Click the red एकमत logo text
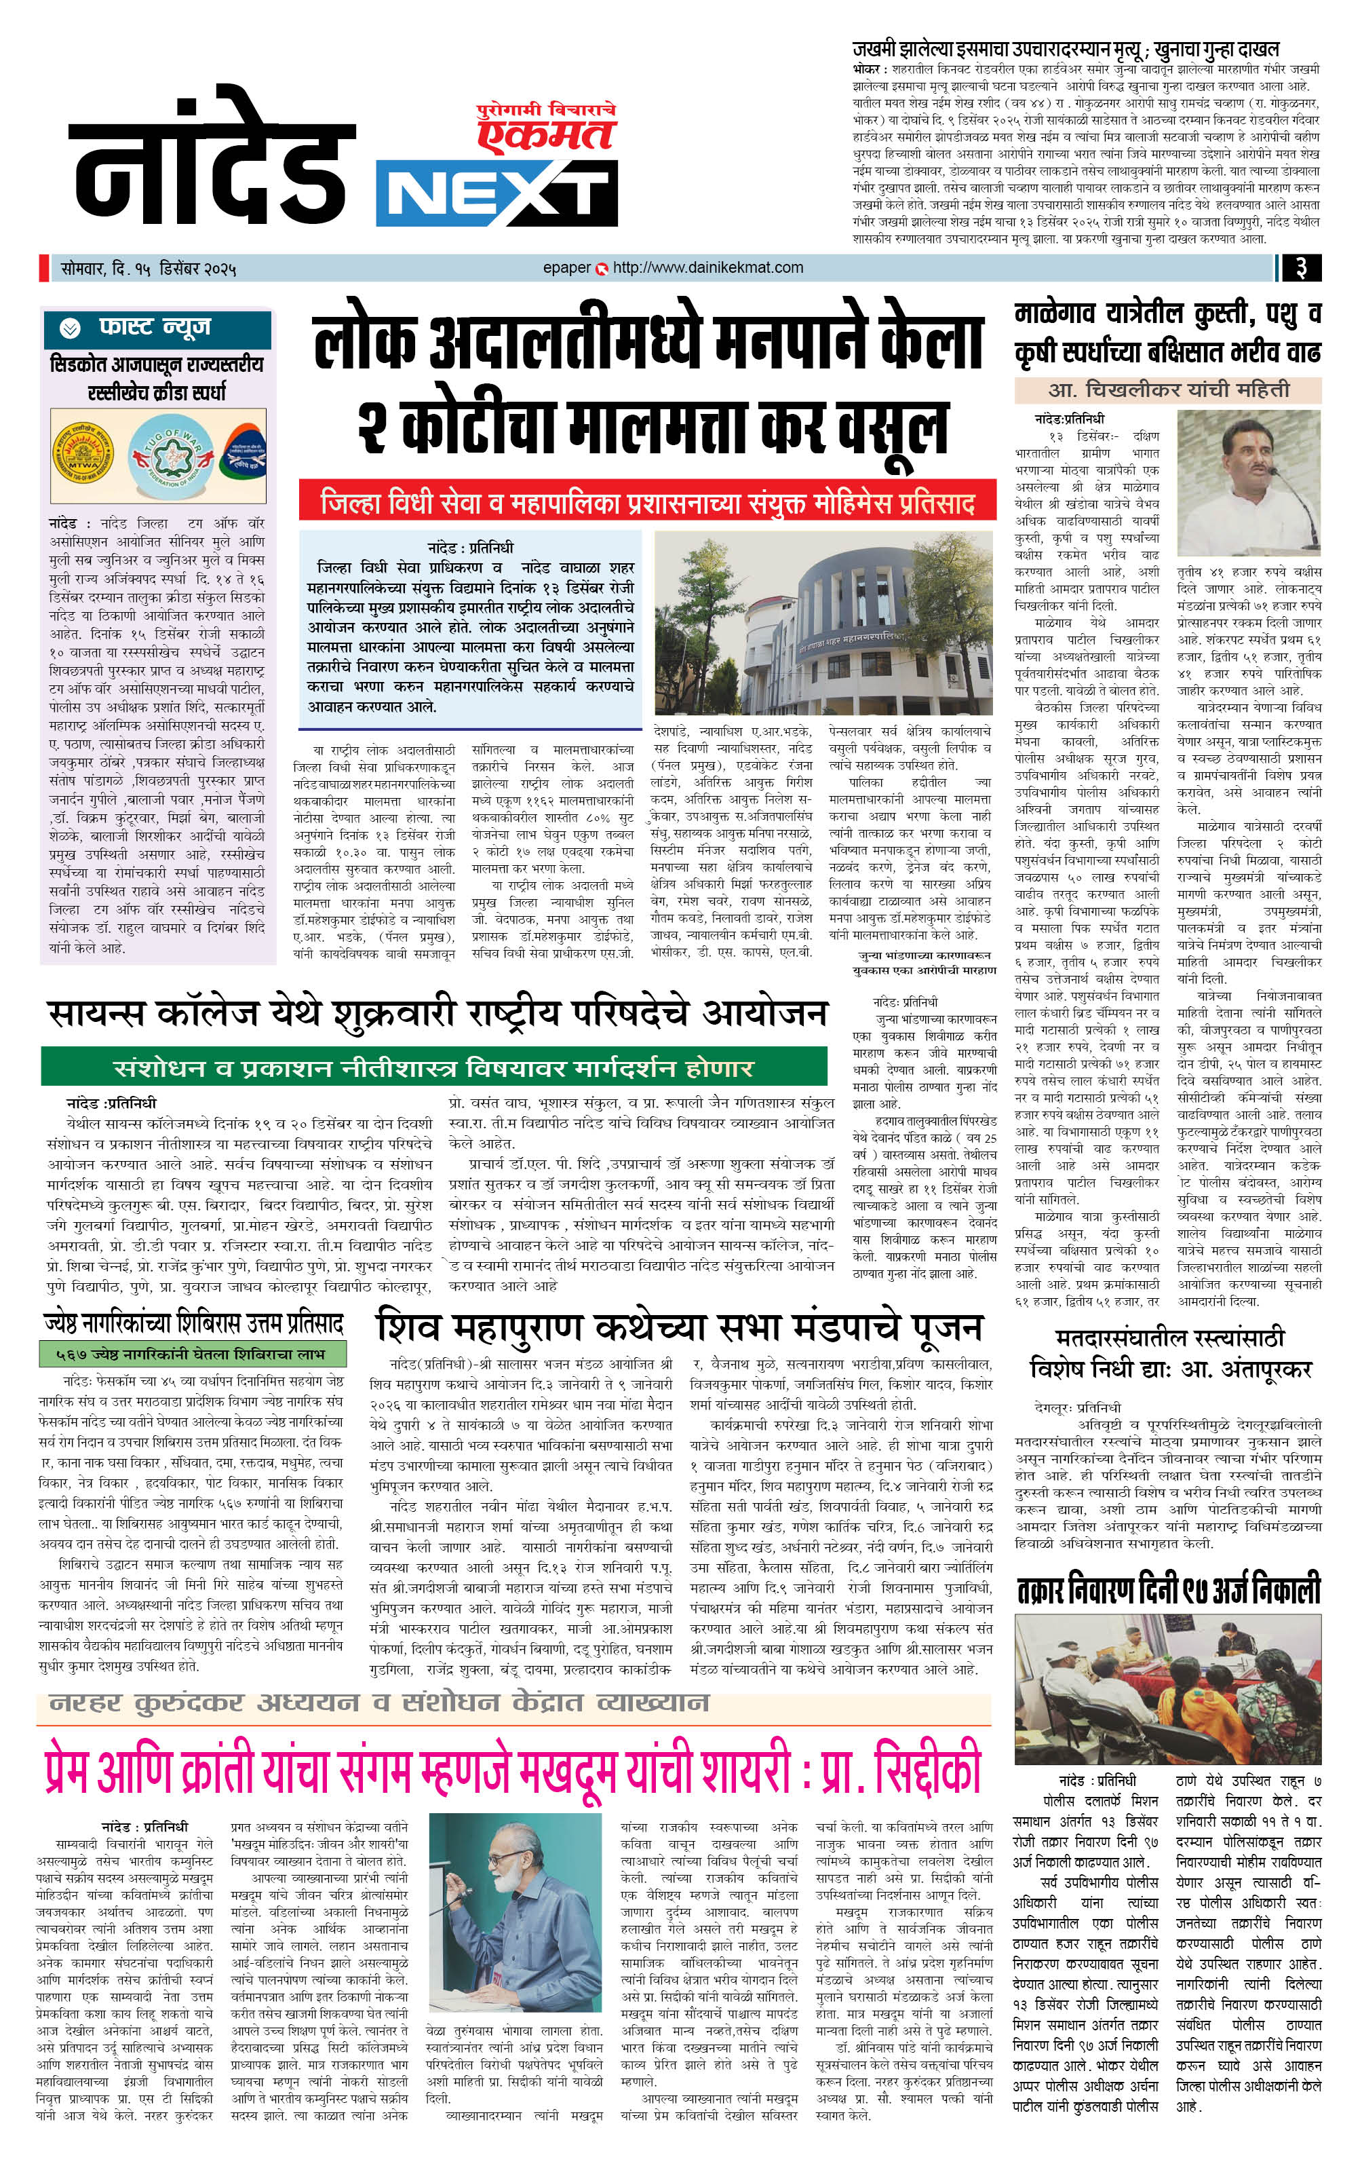point(546,136)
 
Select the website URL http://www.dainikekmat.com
point(708,268)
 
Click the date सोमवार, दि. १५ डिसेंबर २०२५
point(149,269)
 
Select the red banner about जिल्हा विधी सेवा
point(647,501)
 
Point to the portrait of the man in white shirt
point(1248,483)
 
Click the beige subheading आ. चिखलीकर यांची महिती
point(1168,390)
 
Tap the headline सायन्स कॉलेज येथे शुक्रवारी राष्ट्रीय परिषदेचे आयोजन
point(437,1013)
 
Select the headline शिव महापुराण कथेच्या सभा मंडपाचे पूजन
point(680,1327)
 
